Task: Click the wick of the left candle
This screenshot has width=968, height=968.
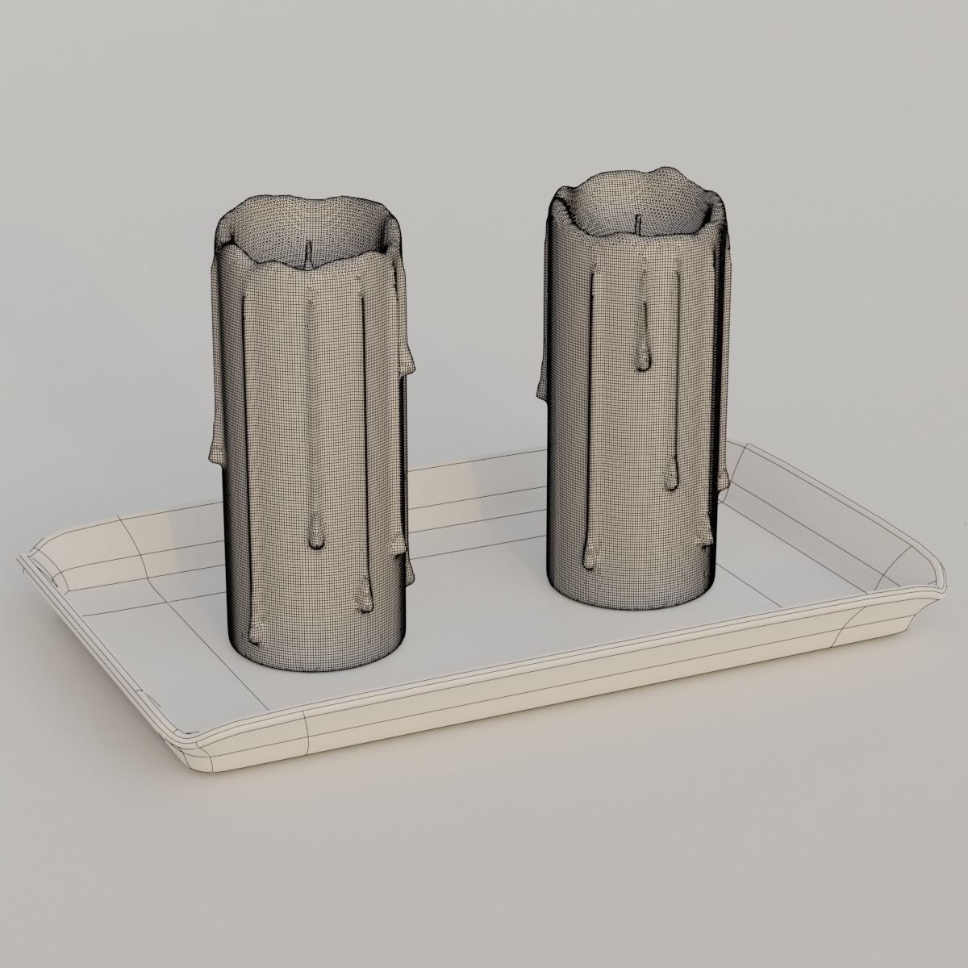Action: tap(307, 255)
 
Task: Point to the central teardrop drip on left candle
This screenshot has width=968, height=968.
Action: tap(315, 536)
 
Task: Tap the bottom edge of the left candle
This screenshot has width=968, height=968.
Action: tap(323, 666)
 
